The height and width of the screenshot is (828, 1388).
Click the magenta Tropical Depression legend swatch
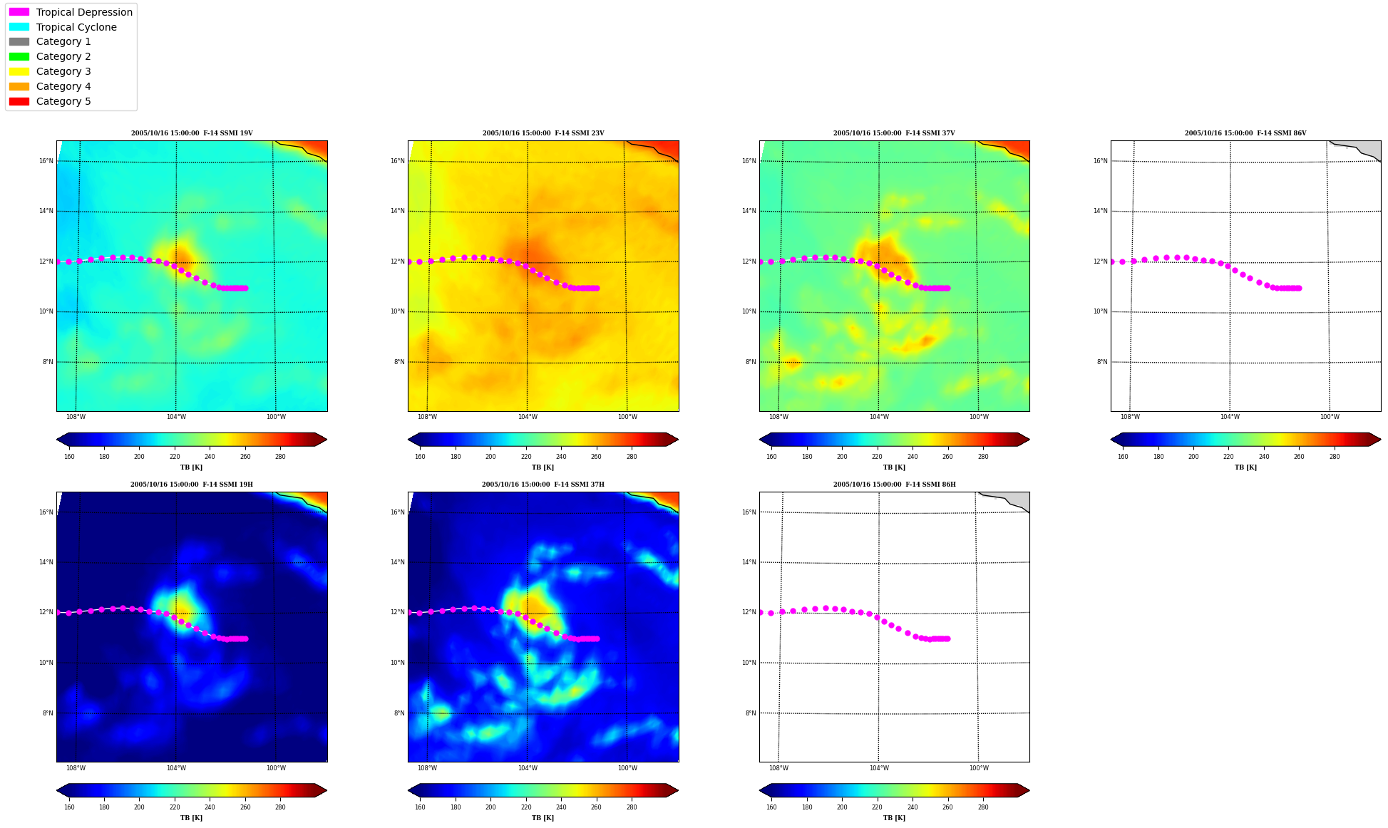coord(19,12)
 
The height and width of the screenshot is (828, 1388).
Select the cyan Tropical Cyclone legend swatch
coord(19,27)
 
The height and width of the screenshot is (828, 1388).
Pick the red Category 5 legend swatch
coord(19,101)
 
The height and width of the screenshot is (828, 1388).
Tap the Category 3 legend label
coord(63,71)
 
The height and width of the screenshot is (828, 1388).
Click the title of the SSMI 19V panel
coord(192,133)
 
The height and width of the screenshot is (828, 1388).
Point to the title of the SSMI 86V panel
coord(1245,133)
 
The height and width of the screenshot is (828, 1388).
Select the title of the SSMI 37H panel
coord(543,485)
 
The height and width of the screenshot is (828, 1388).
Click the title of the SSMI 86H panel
coord(894,485)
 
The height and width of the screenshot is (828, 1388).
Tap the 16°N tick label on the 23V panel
coord(397,161)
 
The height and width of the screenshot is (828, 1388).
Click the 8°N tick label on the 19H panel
coord(48,713)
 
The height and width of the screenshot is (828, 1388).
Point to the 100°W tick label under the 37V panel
coord(979,417)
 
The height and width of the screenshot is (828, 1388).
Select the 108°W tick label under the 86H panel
coord(778,768)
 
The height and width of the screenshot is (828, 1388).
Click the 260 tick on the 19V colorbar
coord(245,457)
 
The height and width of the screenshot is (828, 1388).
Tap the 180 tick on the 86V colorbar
coord(1158,457)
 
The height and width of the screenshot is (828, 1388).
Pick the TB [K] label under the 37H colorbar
coord(543,818)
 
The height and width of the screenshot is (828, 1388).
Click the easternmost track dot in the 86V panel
coord(1299,288)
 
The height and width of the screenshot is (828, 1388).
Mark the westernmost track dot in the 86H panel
coord(761,612)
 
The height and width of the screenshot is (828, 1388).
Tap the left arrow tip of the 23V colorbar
coord(408,440)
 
